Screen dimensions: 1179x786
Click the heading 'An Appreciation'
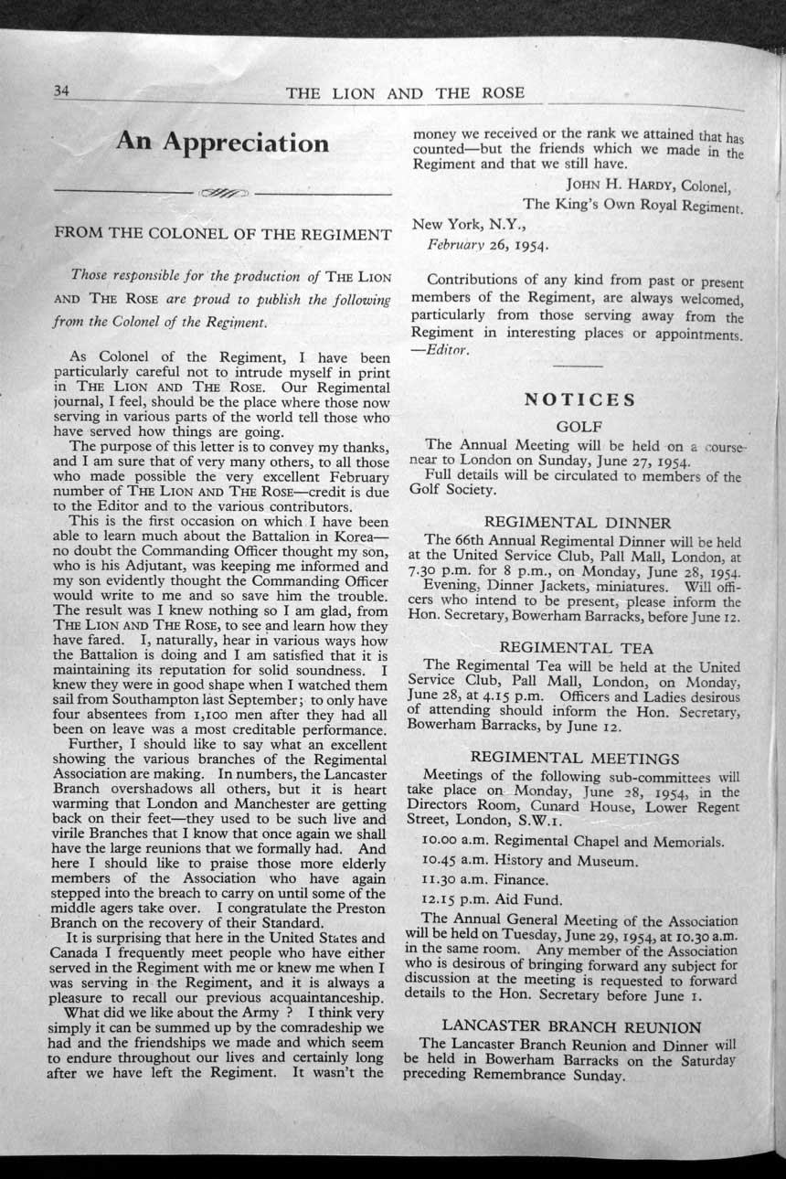tap(222, 143)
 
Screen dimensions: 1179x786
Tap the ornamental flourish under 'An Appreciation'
tap(224, 193)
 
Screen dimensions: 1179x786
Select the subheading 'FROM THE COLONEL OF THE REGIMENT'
tap(224, 234)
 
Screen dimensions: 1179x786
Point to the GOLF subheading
tap(577, 425)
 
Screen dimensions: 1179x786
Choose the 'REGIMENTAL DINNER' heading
tap(577, 523)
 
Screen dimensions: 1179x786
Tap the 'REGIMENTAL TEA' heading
tap(577, 647)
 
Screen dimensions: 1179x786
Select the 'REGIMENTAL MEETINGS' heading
tap(575, 758)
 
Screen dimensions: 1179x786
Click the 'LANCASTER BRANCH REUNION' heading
tap(571, 1026)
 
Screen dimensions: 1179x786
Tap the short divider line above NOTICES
tap(578, 366)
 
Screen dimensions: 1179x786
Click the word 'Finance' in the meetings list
tap(519, 880)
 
